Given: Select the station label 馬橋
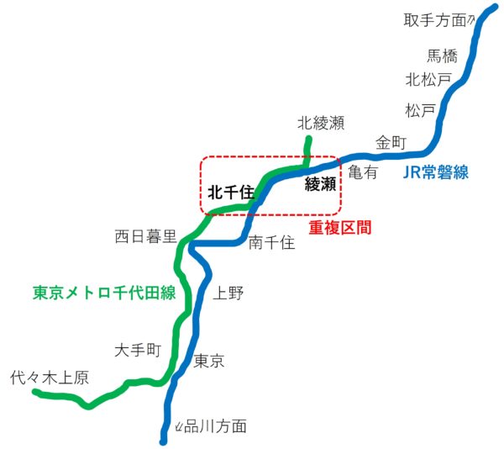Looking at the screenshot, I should [443, 56].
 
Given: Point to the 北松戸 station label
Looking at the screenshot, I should [428, 80].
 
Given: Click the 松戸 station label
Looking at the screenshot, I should [420, 110].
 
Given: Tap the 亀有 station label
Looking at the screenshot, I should [363, 172].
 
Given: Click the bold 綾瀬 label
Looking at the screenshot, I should [320, 184].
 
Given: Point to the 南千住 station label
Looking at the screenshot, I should [272, 243].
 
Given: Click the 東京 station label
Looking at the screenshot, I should [209, 362].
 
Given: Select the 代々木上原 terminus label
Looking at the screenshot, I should [50, 378].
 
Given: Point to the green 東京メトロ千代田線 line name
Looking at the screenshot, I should [104, 293].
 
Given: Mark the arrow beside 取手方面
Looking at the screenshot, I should [471, 18].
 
